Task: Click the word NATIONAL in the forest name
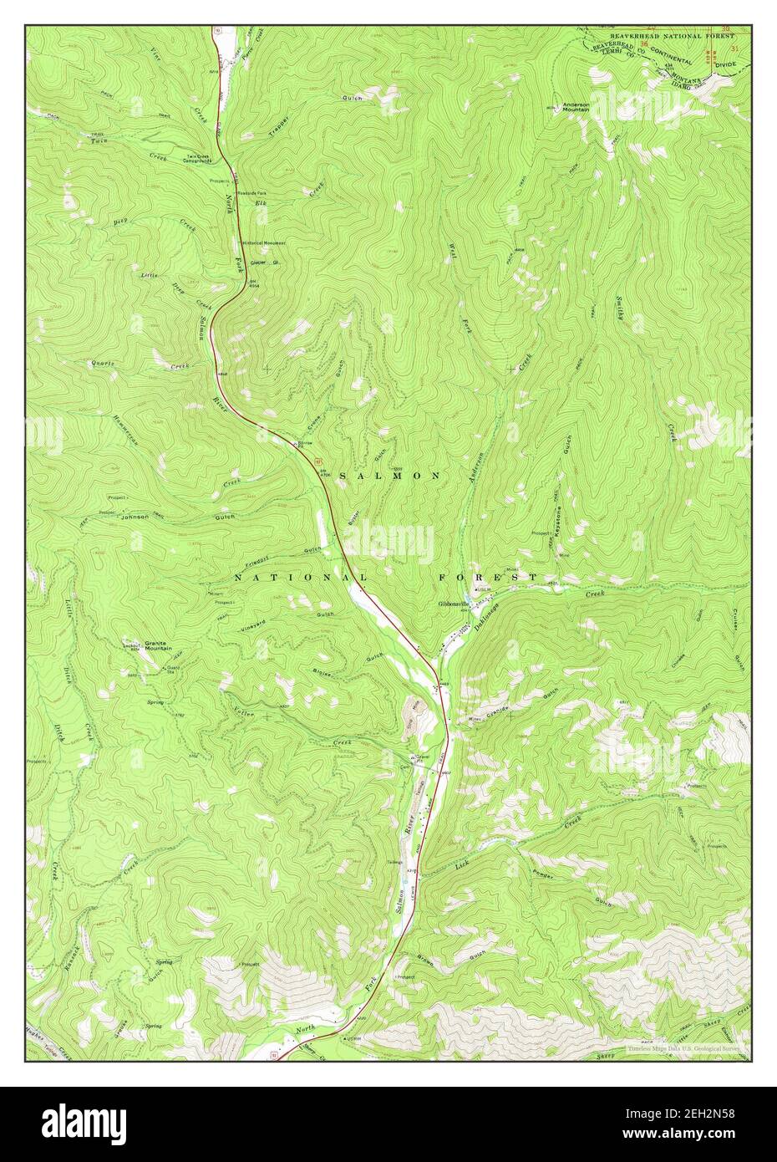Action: (300, 578)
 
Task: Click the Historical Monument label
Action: (264, 242)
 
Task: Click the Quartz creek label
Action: (104, 364)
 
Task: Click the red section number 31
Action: (734, 50)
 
